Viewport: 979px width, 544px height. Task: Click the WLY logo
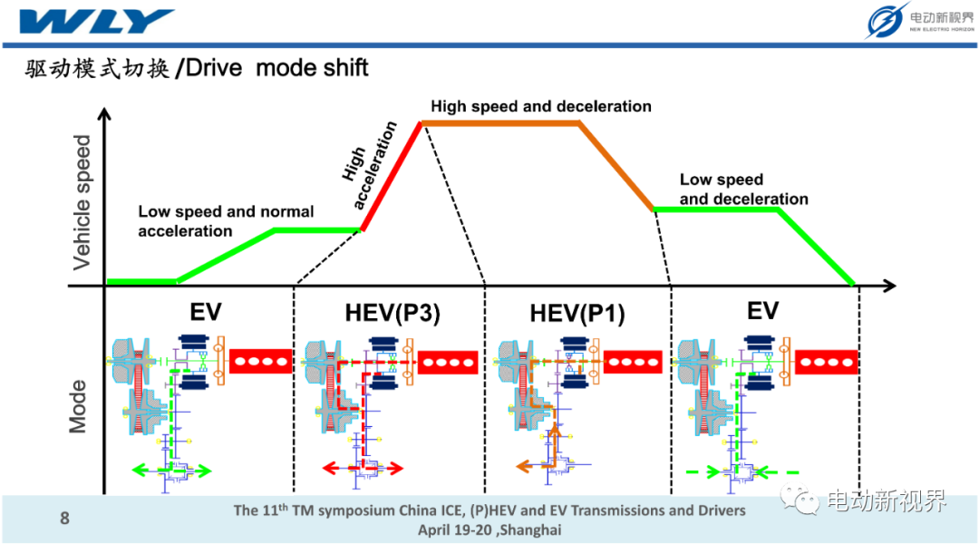pos(97,21)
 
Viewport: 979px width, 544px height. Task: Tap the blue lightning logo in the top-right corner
pos(886,21)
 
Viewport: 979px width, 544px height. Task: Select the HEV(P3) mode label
pos(393,312)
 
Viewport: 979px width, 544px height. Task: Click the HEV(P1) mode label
pos(577,313)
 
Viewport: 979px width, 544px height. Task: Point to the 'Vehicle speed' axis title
pos(82,202)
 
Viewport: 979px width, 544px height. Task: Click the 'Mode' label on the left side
pos(77,406)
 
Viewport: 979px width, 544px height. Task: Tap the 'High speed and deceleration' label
pos(540,106)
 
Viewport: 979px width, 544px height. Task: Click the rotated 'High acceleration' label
pos(369,165)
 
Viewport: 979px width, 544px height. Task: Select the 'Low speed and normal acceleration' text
pos(226,221)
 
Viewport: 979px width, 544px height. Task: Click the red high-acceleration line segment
pos(392,177)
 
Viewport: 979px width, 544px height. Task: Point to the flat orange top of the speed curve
pos(501,123)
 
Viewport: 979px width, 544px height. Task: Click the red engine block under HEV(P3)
pos(448,363)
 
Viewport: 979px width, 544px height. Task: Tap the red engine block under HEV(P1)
pos(633,362)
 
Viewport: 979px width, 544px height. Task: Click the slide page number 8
pos(64,518)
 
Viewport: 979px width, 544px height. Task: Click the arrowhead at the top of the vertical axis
pos(104,113)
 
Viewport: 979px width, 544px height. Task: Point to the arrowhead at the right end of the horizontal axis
pos(890,286)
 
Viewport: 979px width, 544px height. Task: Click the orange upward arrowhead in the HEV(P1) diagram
pos(555,430)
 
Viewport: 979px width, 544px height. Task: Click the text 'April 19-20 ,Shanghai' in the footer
pos(489,530)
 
